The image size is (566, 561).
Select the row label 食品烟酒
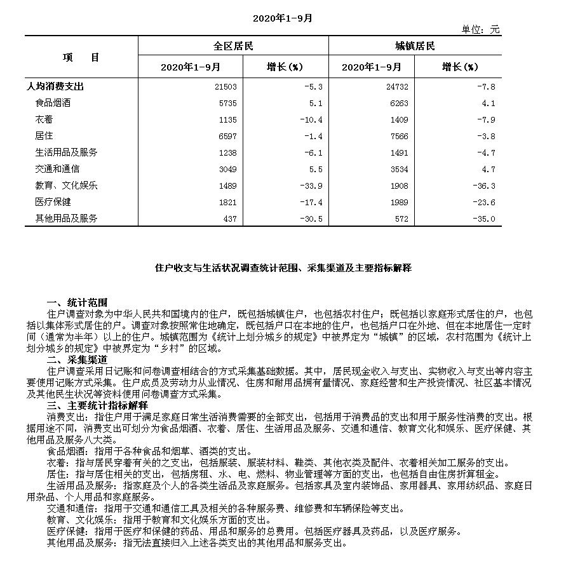point(53,103)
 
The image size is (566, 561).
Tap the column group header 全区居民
point(233,46)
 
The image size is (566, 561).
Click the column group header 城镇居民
point(415,46)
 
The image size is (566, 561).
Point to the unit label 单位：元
point(481,29)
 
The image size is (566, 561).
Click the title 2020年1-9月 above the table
point(283,18)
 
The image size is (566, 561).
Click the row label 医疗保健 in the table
point(53,202)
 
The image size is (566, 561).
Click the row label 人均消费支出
point(55,86)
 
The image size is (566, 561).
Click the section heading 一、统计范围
point(77,302)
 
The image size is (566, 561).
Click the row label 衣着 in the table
point(44,119)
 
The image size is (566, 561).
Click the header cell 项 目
point(81,57)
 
